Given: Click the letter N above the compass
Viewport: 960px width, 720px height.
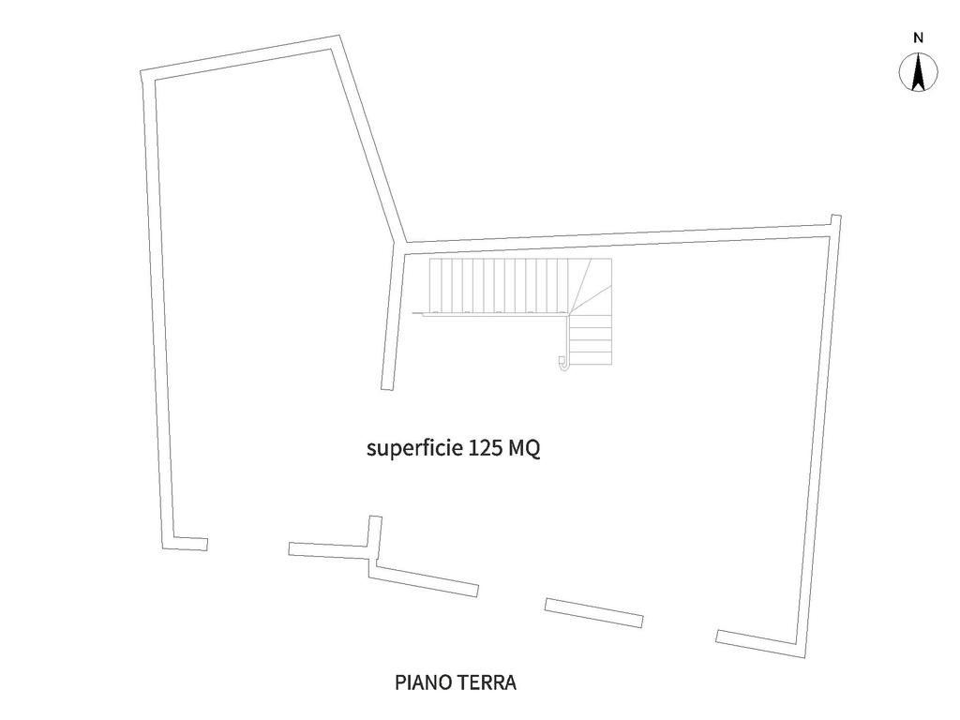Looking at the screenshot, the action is pos(919,38).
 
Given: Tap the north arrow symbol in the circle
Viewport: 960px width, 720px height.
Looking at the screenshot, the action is pos(919,73).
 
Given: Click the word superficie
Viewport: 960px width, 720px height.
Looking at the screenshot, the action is pos(411,448).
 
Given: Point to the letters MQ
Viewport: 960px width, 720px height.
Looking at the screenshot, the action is pos(525,448).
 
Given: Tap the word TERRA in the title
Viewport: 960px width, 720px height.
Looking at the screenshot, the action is pos(486,682).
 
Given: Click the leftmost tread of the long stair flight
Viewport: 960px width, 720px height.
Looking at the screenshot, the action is pos(436,285).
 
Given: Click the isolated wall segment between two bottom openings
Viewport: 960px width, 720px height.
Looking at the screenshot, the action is pos(593,612).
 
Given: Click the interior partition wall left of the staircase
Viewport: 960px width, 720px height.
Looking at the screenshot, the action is pos(394,319).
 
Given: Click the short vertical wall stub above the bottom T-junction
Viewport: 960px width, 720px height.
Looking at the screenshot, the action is pos(375,533).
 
